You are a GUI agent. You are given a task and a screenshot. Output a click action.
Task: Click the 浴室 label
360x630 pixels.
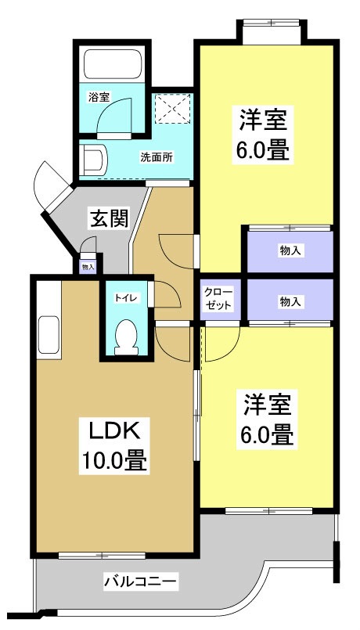99,97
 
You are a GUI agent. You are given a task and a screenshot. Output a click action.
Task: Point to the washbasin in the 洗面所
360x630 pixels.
92,160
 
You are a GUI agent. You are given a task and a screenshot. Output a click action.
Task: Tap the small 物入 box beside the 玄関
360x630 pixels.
88,265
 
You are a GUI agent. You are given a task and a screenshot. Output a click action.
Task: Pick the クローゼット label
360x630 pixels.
218,300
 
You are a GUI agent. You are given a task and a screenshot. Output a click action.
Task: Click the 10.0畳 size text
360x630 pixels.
113,461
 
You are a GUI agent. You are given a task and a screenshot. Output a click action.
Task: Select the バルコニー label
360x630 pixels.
141,581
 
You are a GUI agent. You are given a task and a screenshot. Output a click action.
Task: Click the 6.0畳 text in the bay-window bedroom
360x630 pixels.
265,149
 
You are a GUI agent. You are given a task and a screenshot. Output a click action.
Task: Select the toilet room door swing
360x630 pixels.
164,295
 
